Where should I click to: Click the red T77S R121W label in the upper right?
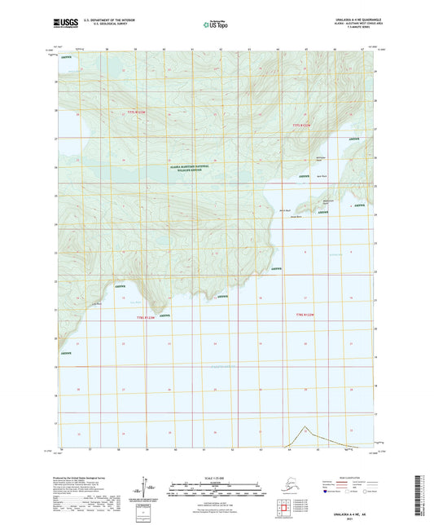302,125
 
